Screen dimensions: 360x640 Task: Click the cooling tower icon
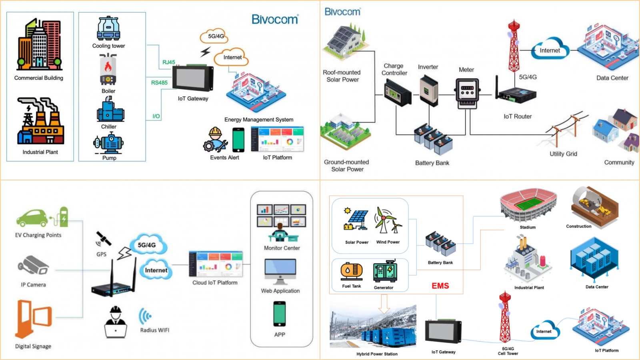[x=108, y=28]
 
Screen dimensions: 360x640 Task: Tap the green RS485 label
[x=159, y=83]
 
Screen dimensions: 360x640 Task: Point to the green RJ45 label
[x=168, y=62]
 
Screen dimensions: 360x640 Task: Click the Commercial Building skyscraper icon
[x=39, y=45]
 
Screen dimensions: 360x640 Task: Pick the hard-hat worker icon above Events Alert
[x=215, y=140]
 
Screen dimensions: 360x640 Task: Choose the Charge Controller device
[x=397, y=92]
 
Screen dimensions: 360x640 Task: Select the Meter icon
[x=467, y=93]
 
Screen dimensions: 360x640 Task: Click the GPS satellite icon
[x=103, y=239]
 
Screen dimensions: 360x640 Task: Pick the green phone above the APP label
[x=280, y=314]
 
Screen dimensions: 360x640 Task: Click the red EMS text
[x=440, y=286]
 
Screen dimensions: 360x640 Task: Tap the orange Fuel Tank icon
[x=351, y=271]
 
